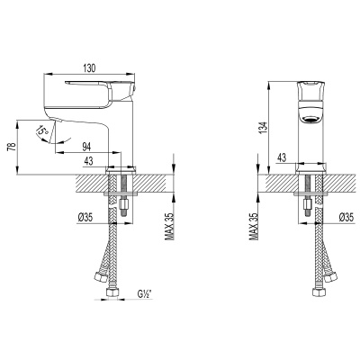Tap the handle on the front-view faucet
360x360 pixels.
pyautogui.click(x=311, y=90)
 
